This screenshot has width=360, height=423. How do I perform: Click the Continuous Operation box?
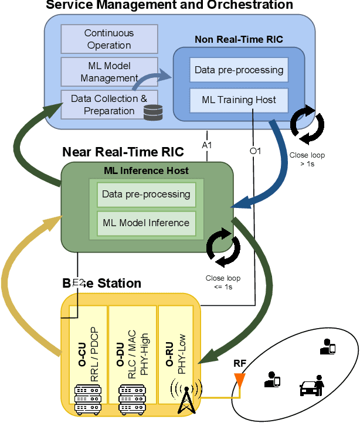[109, 39]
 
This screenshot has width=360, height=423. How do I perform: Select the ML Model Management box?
[109, 71]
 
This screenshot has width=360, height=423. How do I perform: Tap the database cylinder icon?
[152, 112]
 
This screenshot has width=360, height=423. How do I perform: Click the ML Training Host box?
[239, 100]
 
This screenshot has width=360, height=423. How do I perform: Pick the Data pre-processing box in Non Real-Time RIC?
[239, 70]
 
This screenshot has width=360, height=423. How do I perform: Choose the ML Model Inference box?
[146, 223]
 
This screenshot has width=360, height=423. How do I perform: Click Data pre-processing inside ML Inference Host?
[146, 194]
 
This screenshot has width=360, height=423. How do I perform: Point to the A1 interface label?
[208, 144]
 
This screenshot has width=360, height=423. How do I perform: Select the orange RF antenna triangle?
[239, 379]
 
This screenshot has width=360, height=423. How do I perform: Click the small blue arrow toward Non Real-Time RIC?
[154, 80]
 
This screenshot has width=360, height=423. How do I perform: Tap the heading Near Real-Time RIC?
[123, 152]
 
